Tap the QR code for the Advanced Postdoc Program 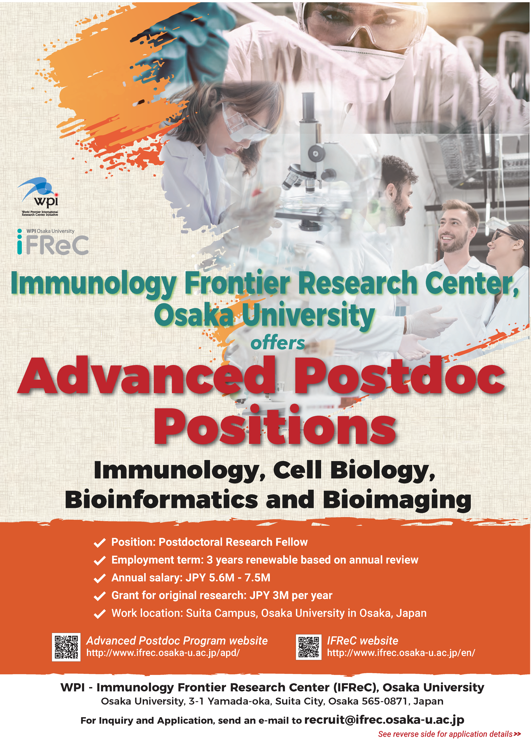(66, 647)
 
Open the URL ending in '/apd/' (163, 653)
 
